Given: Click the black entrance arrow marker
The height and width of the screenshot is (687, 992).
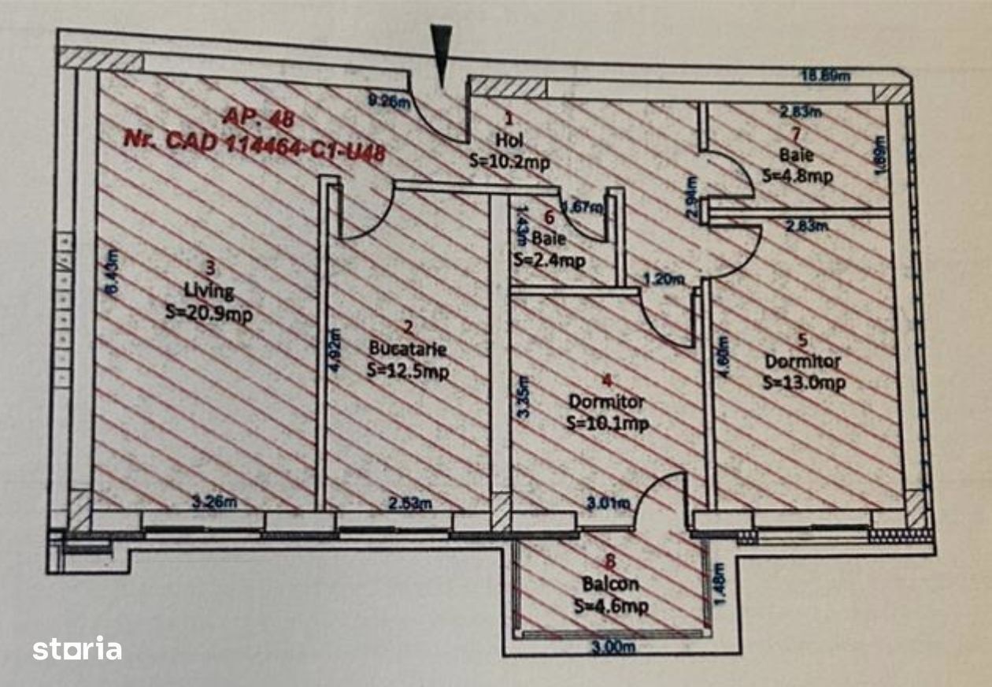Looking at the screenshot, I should pos(442,52).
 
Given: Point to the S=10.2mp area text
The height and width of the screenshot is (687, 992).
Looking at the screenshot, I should pos(509,161).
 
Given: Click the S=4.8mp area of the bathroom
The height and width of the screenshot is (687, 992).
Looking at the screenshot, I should pos(797,175).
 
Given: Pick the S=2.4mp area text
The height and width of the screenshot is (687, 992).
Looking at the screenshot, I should pos(549,260).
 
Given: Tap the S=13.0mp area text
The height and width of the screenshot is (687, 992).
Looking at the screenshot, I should pos(804,382).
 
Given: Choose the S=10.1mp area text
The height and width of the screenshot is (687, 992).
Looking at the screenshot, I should pos(607,423).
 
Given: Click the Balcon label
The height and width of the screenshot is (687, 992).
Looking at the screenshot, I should pos(610,585).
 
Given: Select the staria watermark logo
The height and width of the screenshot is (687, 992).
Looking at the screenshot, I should pos(77,648).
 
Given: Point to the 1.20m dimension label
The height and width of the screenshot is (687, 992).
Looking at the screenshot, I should pos(663,279).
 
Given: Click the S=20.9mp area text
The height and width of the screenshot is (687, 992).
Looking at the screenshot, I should pos(209,312).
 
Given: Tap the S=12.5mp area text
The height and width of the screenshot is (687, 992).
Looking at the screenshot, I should pos(407,370).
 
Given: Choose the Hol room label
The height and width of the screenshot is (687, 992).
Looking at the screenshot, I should pos(509,140).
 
